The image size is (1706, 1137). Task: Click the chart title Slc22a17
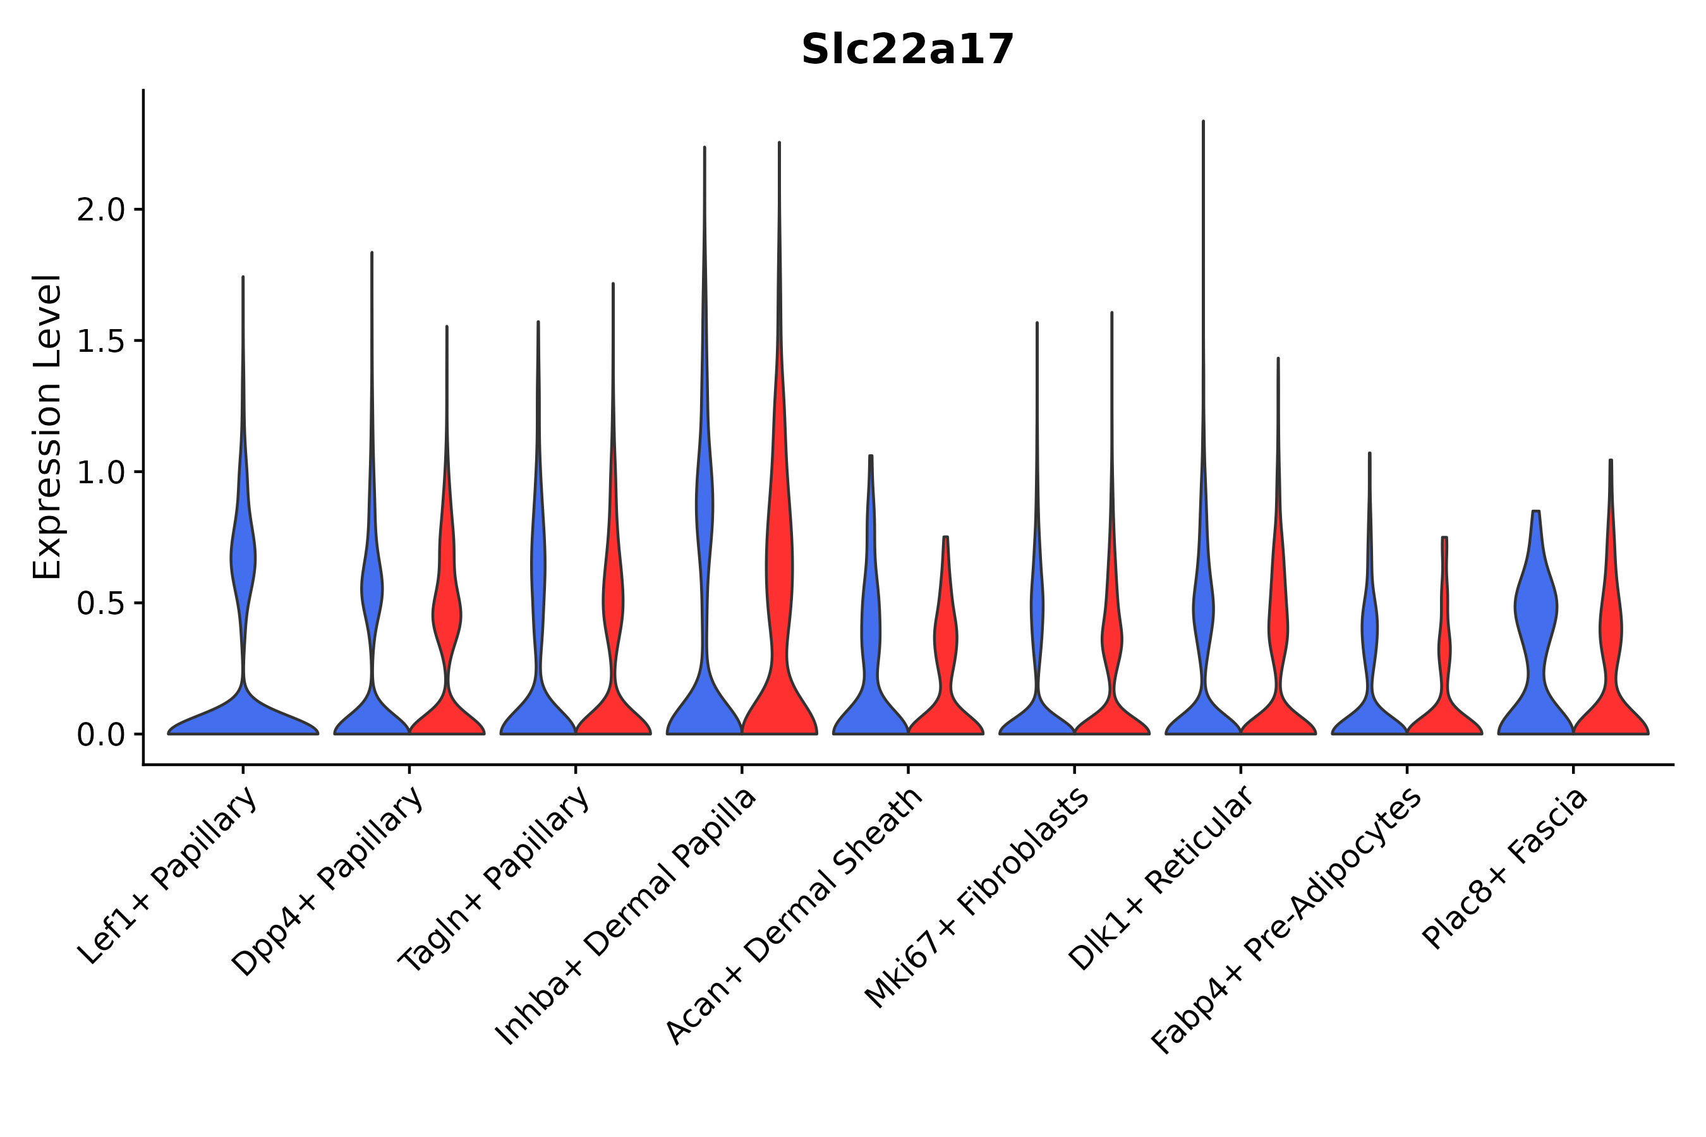click(x=907, y=51)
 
